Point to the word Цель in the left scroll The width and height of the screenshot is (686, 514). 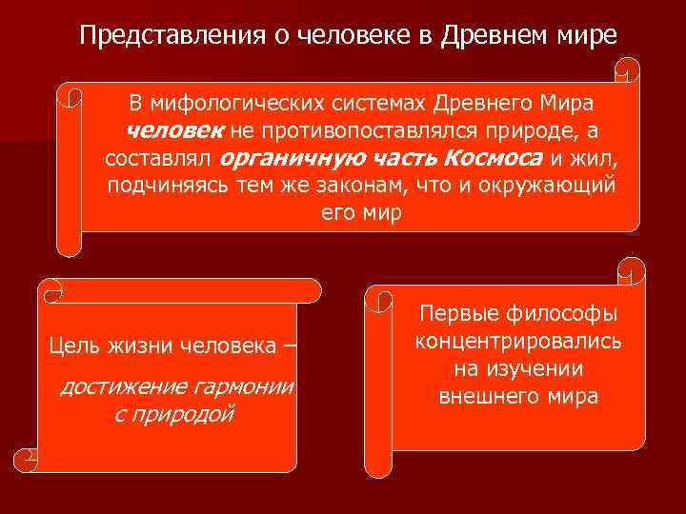[75, 344]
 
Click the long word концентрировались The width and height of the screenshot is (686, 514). [517, 342]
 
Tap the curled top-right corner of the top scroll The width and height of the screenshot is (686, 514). [628, 72]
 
